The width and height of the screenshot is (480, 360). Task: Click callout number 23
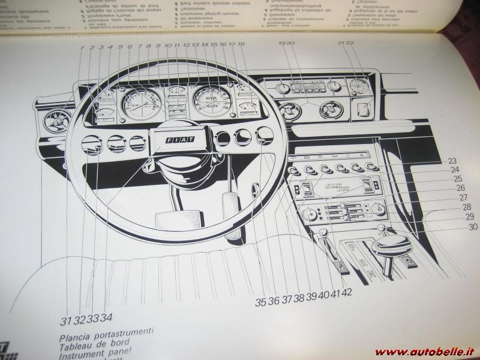[x=451, y=160]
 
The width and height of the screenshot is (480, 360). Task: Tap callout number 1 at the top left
[x=80, y=47]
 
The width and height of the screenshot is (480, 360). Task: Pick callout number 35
[x=260, y=302]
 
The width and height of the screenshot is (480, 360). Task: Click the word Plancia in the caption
[x=76, y=331]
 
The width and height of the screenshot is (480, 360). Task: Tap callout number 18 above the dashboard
[x=241, y=44]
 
